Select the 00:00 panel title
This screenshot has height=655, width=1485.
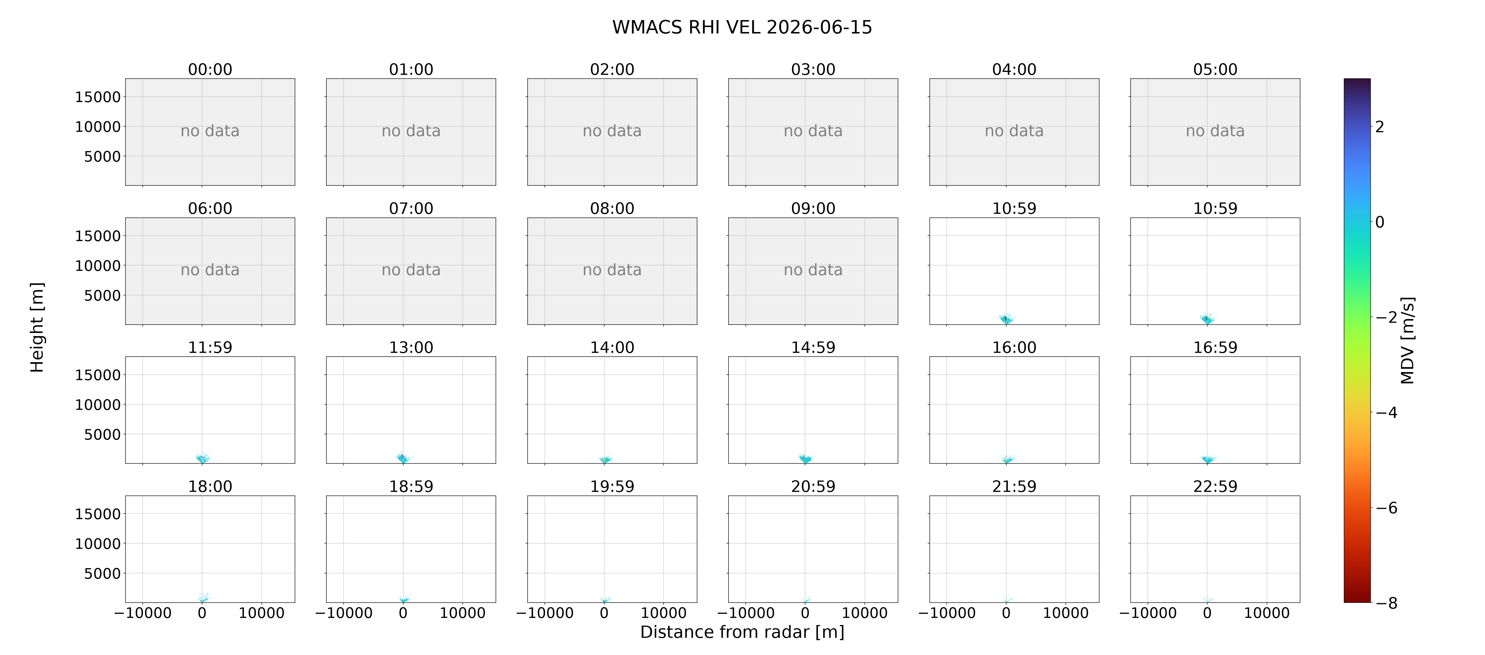coord(210,69)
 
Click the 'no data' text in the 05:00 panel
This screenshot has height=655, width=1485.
coord(1215,131)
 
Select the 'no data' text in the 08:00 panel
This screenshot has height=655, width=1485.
coord(612,270)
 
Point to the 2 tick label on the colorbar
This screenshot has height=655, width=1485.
coord(1380,126)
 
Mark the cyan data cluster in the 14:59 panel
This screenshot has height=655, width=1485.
coord(805,458)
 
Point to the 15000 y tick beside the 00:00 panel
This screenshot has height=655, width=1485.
coord(98,97)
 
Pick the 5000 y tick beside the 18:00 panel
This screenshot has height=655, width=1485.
coord(102,573)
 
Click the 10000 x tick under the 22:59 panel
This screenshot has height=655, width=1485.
coord(1267,613)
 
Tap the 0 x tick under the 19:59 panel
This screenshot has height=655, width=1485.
coord(604,613)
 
